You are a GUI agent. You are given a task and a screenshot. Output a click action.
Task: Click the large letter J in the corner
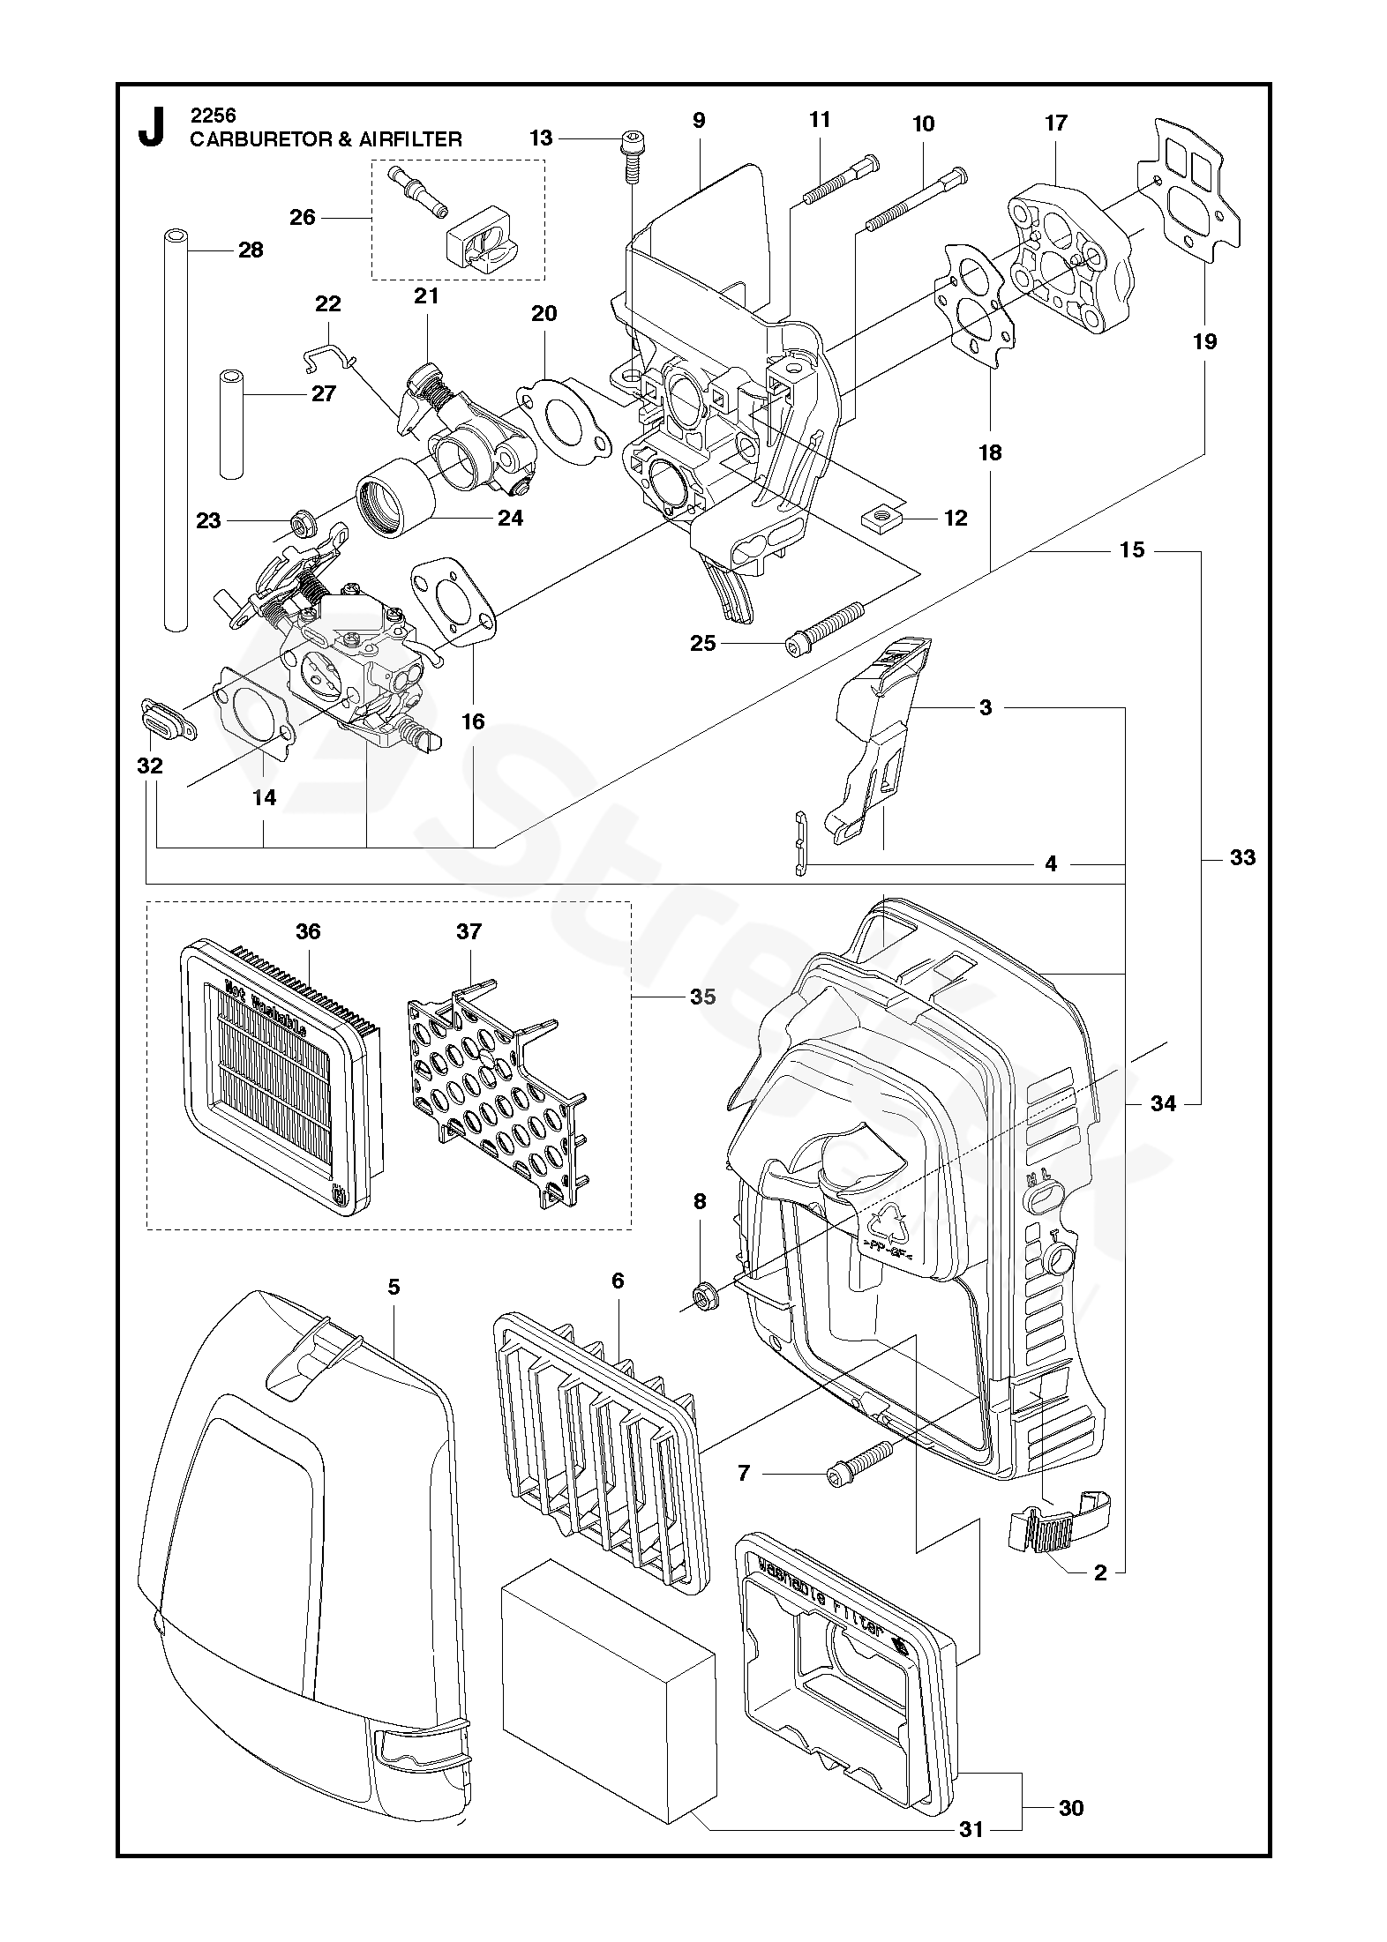click(152, 128)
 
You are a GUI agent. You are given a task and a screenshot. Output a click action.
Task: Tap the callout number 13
click(541, 138)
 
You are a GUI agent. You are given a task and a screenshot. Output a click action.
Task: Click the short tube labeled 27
click(231, 425)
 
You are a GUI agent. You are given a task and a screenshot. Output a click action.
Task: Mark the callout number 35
click(702, 997)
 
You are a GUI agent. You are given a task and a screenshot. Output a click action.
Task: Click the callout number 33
click(1242, 857)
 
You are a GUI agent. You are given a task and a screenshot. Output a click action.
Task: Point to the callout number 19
click(1204, 341)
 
